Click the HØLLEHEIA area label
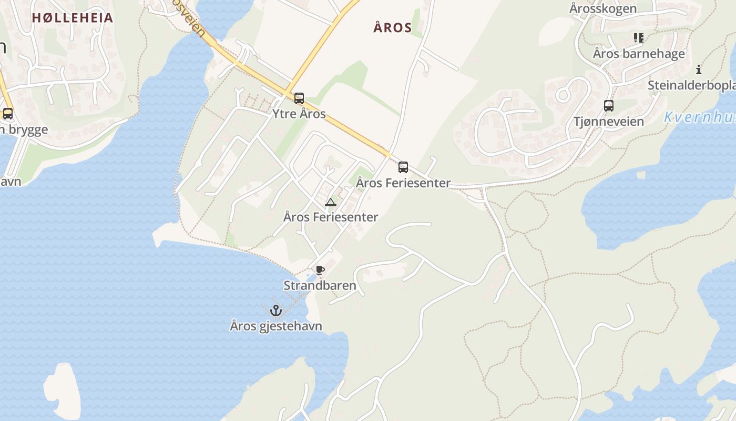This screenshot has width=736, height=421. coord(73,18)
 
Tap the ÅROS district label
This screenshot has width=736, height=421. coord(392,28)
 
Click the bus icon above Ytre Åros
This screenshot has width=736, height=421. coord(299,98)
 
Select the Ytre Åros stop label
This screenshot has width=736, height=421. coord(299,114)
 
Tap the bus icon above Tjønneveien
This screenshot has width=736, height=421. coord(609,106)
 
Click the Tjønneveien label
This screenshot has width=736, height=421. coord(608,122)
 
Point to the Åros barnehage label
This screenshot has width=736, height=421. coord(639,54)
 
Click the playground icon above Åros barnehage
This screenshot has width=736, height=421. coord(639,37)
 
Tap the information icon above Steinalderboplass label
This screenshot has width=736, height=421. coord(699,69)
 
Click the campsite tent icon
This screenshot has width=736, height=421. coord(330,202)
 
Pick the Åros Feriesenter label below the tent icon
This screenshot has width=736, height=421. coord(330,217)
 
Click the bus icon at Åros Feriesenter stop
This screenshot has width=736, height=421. coord(403,167)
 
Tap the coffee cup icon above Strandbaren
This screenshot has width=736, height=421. coord(320,270)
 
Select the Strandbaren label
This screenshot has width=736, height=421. coord(320,286)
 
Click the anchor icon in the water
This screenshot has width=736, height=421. coord(276,310)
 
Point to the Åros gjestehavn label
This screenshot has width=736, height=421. coord(276,326)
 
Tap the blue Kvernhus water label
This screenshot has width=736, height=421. coord(699,117)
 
